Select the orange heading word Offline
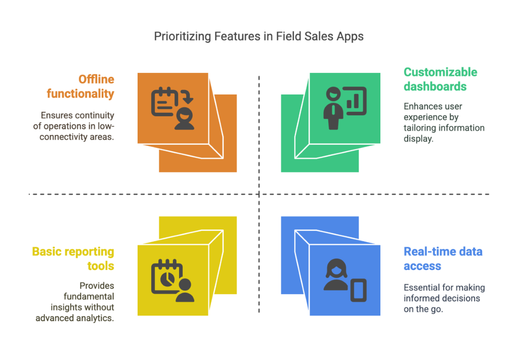pyautogui.click(x=96, y=79)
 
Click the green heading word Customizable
pyautogui.click(x=441, y=72)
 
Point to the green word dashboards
pyautogui.click(x=435, y=86)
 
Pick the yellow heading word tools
pyautogui.click(x=101, y=266)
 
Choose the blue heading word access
pyautogui.click(x=422, y=266)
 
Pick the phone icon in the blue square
pyautogui.click(x=359, y=290)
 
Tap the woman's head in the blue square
pyautogui.click(x=336, y=268)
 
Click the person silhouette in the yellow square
pyautogui.click(x=185, y=290)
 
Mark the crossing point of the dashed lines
pyautogui.click(x=259, y=194)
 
